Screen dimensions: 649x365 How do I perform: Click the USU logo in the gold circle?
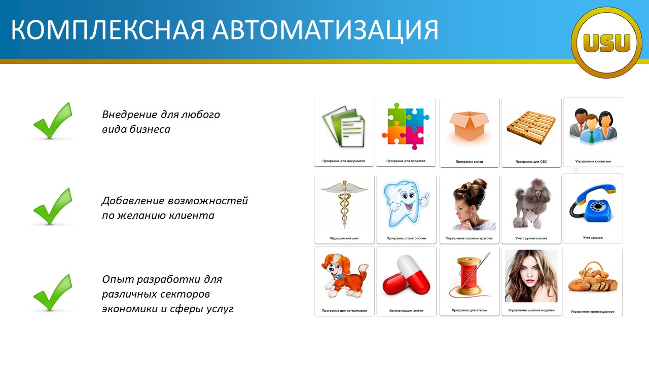pos(606,43)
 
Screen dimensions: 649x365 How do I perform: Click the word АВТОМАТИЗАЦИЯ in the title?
pos(326,30)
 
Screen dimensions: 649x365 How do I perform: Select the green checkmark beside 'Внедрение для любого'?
pos(53,121)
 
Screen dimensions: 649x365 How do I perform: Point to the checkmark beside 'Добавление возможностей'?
pos(53,206)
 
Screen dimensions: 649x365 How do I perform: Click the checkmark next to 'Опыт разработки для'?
pos(53,293)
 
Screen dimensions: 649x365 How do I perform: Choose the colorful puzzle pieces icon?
pos(406,126)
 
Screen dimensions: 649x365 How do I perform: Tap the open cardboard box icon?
pos(470,126)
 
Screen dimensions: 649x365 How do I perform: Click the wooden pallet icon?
pos(531,127)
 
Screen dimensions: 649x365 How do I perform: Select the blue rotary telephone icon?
pos(593,203)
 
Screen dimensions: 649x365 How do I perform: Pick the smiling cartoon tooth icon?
pos(406,203)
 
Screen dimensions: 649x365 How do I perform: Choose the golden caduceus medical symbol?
pos(344,204)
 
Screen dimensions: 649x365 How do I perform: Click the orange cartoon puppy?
pos(345,275)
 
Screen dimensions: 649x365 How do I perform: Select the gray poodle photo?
pos(531,203)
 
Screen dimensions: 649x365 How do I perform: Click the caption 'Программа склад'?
pos(470,162)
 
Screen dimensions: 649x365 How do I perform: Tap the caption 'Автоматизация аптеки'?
pos(406,311)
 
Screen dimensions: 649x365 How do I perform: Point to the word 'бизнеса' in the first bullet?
pos(150,129)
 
